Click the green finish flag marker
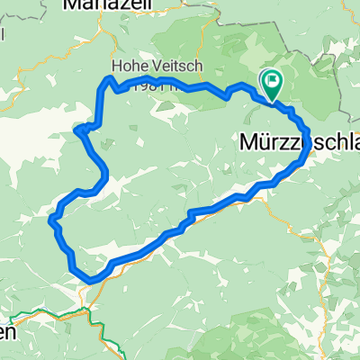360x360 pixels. pyautogui.click(x=271, y=83)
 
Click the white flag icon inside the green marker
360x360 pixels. pyautogui.click(x=271, y=80)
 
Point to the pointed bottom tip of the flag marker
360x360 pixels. pyautogui.click(x=271, y=98)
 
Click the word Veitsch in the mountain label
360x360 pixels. pyautogui.click(x=166, y=67)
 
